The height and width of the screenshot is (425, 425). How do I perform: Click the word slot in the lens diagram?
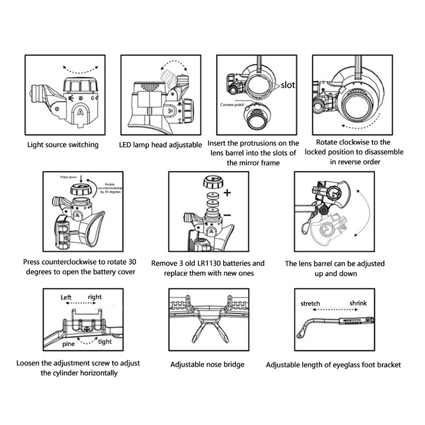pos(287,85)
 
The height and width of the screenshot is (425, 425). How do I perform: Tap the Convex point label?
pos(232,105)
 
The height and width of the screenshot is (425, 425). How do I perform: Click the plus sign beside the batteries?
pos(227,193)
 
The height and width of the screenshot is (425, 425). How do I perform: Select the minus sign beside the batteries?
pos(227,215)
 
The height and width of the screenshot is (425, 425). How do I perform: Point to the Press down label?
pos(69,177)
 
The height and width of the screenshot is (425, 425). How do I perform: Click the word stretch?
pos(310,303)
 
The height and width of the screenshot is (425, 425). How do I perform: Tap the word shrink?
pos(358,303)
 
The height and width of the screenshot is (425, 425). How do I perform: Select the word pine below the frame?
pos(69,344)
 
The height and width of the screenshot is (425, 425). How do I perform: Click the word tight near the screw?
pos(105,342)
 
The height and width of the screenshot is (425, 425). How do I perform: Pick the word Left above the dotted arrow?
pos(66,297)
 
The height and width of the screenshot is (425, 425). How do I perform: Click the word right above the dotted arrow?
pos(95,297)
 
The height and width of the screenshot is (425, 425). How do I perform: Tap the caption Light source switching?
pos(63,144)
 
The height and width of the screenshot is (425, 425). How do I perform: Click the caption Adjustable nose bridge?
pos(207,364)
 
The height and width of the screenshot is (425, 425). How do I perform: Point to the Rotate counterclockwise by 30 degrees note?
pos(110,188)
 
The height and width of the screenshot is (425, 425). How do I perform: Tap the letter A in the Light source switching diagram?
pos(80,112)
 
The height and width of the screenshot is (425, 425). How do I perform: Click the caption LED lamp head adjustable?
pos(160,144)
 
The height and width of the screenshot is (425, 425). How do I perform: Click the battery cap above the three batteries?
pos(214,182)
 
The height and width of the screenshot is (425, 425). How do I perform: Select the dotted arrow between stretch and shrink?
pos(336,310)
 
